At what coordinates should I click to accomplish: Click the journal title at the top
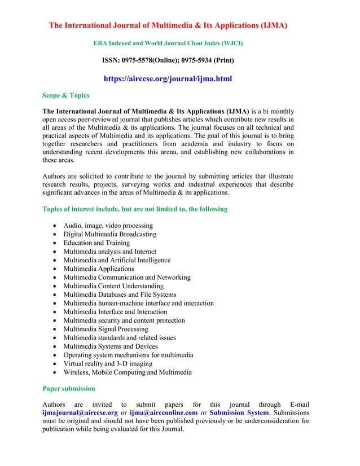(x=168, y=25)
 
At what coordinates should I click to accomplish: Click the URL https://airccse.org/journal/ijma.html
(x=168, y=79)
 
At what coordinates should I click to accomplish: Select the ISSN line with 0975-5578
(x=168, y=60)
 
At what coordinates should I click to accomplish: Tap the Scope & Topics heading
(x=66, y=95)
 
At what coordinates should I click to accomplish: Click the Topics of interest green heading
(x=135, y=209)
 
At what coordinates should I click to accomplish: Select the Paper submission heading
(x=69, y=389)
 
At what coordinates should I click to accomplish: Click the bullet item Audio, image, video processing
(x=108, y=226)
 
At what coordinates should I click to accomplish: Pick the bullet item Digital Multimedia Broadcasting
(x=109, y=234)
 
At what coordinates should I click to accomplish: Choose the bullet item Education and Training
(x=96, y=243)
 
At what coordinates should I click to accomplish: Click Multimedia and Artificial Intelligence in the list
(x=117, y=260)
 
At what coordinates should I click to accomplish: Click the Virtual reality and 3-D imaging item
(x=107, y=363)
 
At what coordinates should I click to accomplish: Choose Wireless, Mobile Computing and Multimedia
(x=128, y=372)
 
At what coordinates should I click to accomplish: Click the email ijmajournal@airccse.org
(x=80, y=412)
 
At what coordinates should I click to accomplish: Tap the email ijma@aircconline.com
(x=164, y=412)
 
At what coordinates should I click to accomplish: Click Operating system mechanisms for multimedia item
(x=128, y=355)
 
